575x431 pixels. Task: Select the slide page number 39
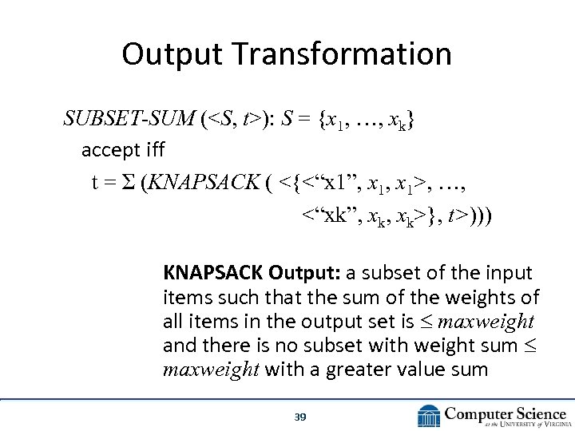[300, 417]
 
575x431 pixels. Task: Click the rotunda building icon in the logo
[430, 416]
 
